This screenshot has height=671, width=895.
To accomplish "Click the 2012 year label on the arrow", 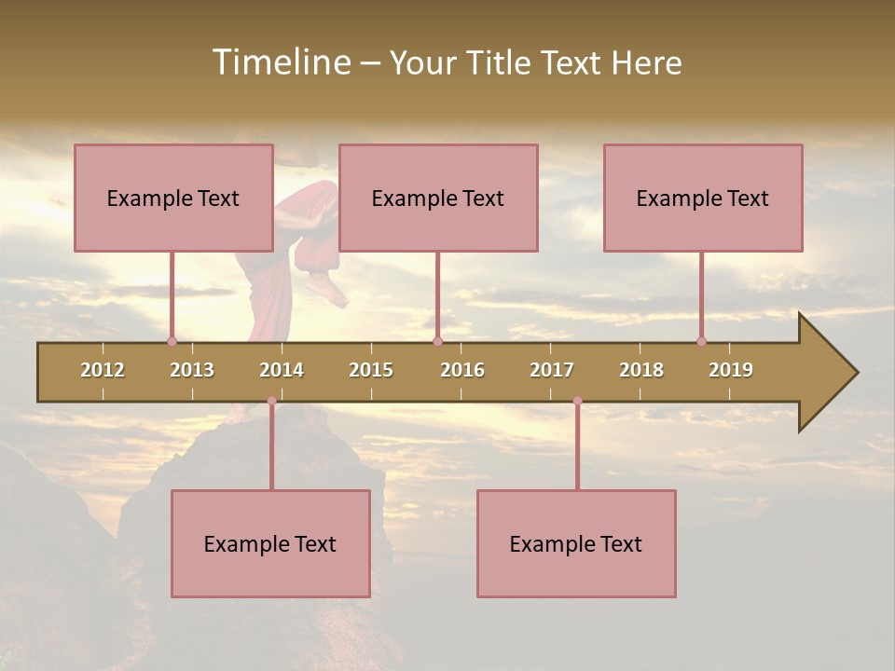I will (x=103, y=370).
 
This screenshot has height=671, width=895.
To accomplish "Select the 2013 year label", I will (x=192, y=370).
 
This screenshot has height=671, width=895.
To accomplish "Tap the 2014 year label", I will (x=282, y=370).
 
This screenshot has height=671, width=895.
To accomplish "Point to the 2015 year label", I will (x=371, y=370).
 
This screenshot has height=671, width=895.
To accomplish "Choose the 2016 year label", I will (x=462, y=370).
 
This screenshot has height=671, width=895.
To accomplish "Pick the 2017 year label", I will (x=552, y=370).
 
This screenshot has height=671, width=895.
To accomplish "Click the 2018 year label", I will (x=641, y=370).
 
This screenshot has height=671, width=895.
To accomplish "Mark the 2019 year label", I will (x=731, y=370).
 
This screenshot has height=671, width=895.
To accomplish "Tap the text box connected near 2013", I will (x=173, y=198).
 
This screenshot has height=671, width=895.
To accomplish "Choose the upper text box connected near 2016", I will (x=438, y=198).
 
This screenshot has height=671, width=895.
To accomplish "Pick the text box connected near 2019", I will (x=703, y=198).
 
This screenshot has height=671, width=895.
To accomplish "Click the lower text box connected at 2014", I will (x=270, y=543).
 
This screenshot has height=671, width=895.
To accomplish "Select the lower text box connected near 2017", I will (x=576, y=543).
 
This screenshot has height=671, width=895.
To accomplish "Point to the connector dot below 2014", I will (x=271, y=401).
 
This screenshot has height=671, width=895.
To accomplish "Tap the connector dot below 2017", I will (x=577, y=401).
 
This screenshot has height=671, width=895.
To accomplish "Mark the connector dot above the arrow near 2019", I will (x=701, y=341).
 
